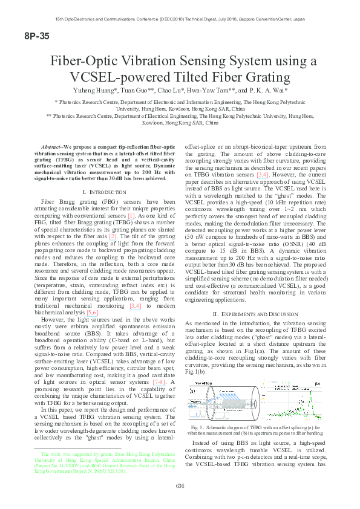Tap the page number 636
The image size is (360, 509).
(x=180, y=485)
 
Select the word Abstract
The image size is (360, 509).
(x=51, y=147)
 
